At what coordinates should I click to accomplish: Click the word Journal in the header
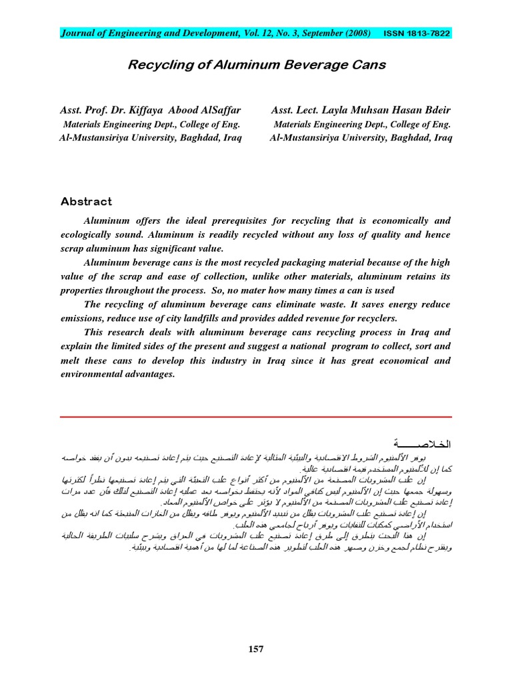tap(77, 32)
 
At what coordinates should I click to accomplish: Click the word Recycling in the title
tap(160, 65)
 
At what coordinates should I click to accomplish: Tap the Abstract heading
tap(86, 201)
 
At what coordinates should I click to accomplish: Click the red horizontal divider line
tap(256, 417)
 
